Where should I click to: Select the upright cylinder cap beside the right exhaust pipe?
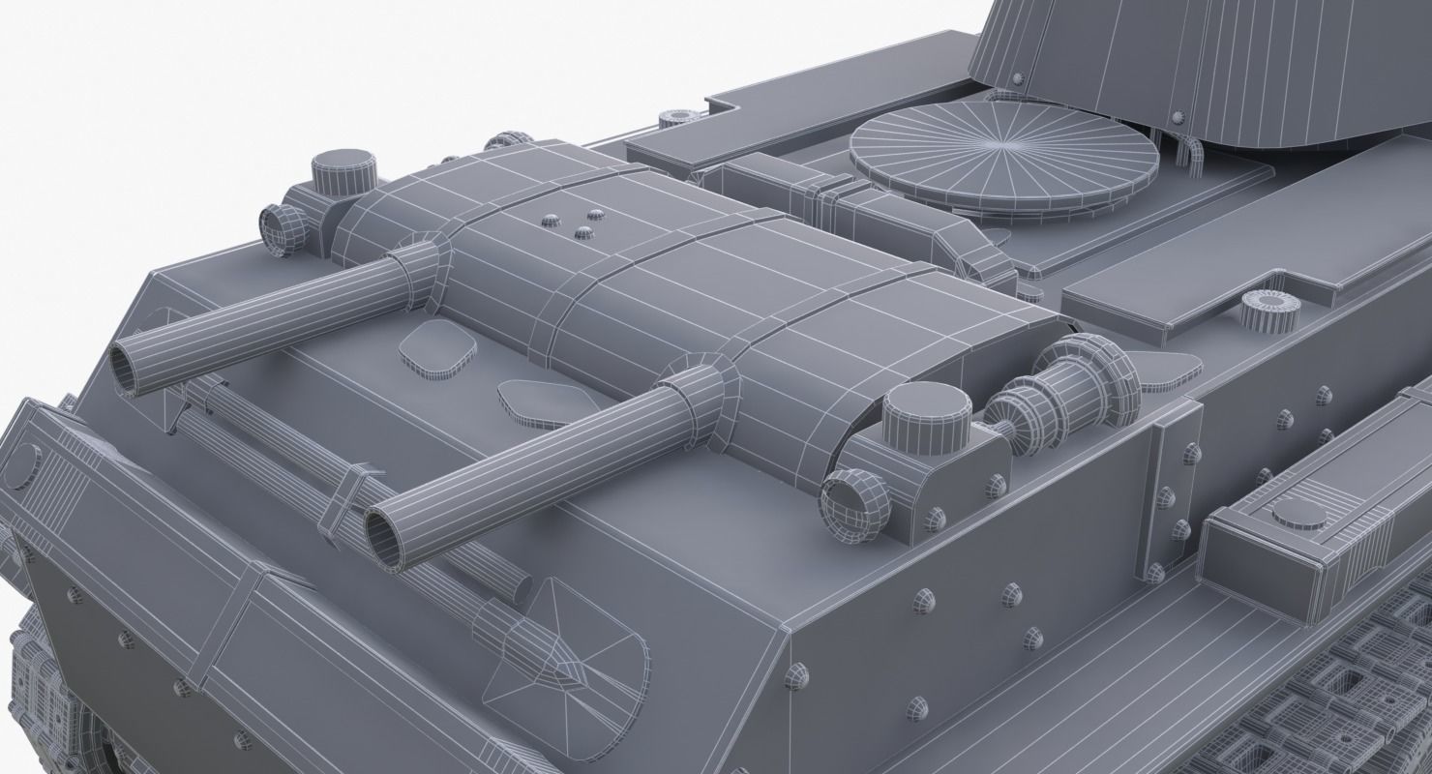click(925, 419)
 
